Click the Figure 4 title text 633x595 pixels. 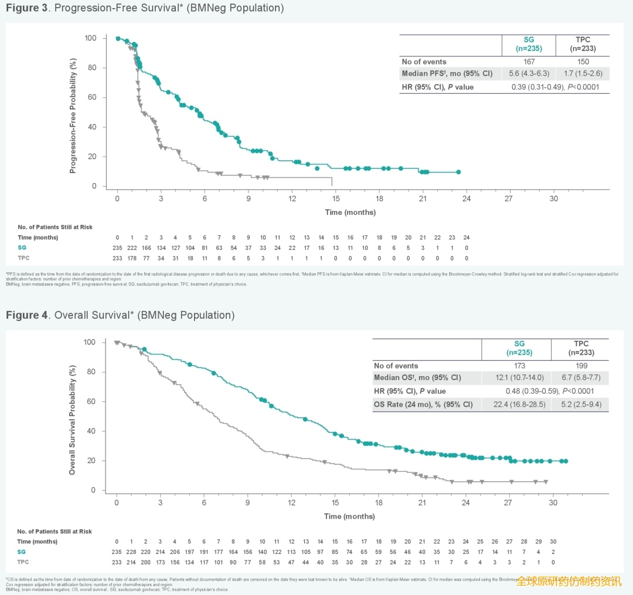tap(120, 315)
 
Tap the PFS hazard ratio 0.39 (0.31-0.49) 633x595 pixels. tap(536, 87)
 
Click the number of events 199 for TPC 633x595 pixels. tap(580, 366)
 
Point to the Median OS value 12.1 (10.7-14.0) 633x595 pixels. tap(516, 377)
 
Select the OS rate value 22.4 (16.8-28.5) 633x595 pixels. tap(516, 404)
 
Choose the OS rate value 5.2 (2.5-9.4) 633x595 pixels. tap(580, 404)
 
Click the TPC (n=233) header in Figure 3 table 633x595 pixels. tap(583, 44)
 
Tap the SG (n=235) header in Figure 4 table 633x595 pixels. tap(516, 348)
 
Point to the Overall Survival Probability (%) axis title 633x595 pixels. tap(73, 421)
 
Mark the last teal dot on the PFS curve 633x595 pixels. tap(458, 172)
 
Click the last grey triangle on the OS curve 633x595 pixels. tap(546, 482)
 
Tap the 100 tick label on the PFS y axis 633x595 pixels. tap(91, 38)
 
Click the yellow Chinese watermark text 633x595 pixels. tap(569, 581)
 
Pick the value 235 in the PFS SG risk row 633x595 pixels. tap(117, 248)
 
